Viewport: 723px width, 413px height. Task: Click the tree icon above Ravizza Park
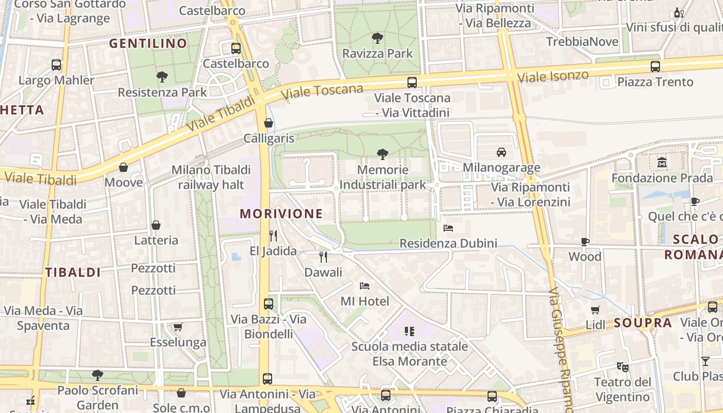coord(378,38)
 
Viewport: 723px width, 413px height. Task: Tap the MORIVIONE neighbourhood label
coord(281,214)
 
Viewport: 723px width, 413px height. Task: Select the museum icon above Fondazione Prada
coord(662,163)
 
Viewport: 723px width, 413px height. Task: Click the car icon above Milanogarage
coord(501,152)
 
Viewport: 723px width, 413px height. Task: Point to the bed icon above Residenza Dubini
coord(448,228)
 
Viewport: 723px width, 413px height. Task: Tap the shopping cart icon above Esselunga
coord(178,327)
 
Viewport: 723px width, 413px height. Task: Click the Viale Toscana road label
coord(323,92)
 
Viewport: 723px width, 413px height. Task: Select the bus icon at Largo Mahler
coord(56,65)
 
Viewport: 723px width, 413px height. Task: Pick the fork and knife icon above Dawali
coord(323,257)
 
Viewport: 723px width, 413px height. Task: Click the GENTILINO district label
coord(148,43)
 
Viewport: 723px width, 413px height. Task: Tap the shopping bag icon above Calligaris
coord(269,123)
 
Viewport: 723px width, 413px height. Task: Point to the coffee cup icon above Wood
coord(585,241)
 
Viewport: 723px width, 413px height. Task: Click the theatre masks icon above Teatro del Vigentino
coord(623,367)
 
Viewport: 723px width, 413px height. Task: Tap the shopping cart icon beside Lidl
coord(595,310)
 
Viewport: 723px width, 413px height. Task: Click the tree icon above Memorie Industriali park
coord(383,154)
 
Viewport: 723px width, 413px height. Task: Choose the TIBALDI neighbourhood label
coord(73,273)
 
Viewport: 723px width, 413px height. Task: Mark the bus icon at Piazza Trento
coord(655,66)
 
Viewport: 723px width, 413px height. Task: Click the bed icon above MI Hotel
coord(365,285)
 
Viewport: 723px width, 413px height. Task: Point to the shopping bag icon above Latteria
coord(156,225)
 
